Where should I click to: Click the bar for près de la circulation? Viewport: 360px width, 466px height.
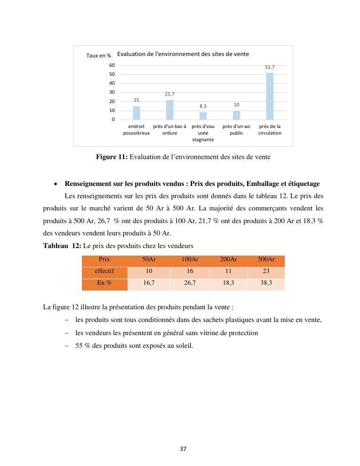click(270, 96)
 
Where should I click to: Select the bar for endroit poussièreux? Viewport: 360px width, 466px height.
click(136, 113)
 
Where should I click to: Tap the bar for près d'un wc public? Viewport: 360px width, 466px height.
click(236, 115)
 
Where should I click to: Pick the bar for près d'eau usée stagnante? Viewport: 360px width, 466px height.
click(203, 116)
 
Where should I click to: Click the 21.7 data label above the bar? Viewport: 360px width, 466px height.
click(169, 95)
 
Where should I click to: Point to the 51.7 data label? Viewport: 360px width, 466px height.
click(270, 67)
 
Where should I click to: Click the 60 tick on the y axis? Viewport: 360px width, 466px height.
click(112, 65)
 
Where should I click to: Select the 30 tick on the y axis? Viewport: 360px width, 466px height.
click(112, 92)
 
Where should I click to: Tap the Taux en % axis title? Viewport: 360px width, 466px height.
click(98, 56)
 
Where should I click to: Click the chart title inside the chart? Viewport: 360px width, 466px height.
click(183, 54)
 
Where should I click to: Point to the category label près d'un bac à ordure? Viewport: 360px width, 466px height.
click(169, 129)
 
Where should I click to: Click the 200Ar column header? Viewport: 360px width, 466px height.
click(228, 259)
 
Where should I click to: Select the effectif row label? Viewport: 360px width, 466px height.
click(104, 271)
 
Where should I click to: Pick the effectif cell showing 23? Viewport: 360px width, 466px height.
click(266, 271)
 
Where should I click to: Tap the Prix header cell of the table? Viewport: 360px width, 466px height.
click(104, 259)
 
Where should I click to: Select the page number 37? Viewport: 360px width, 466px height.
click(183, 449)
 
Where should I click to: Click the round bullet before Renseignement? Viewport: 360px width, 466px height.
click(56, 184)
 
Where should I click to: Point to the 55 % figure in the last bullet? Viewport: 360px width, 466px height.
click(82, 346)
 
